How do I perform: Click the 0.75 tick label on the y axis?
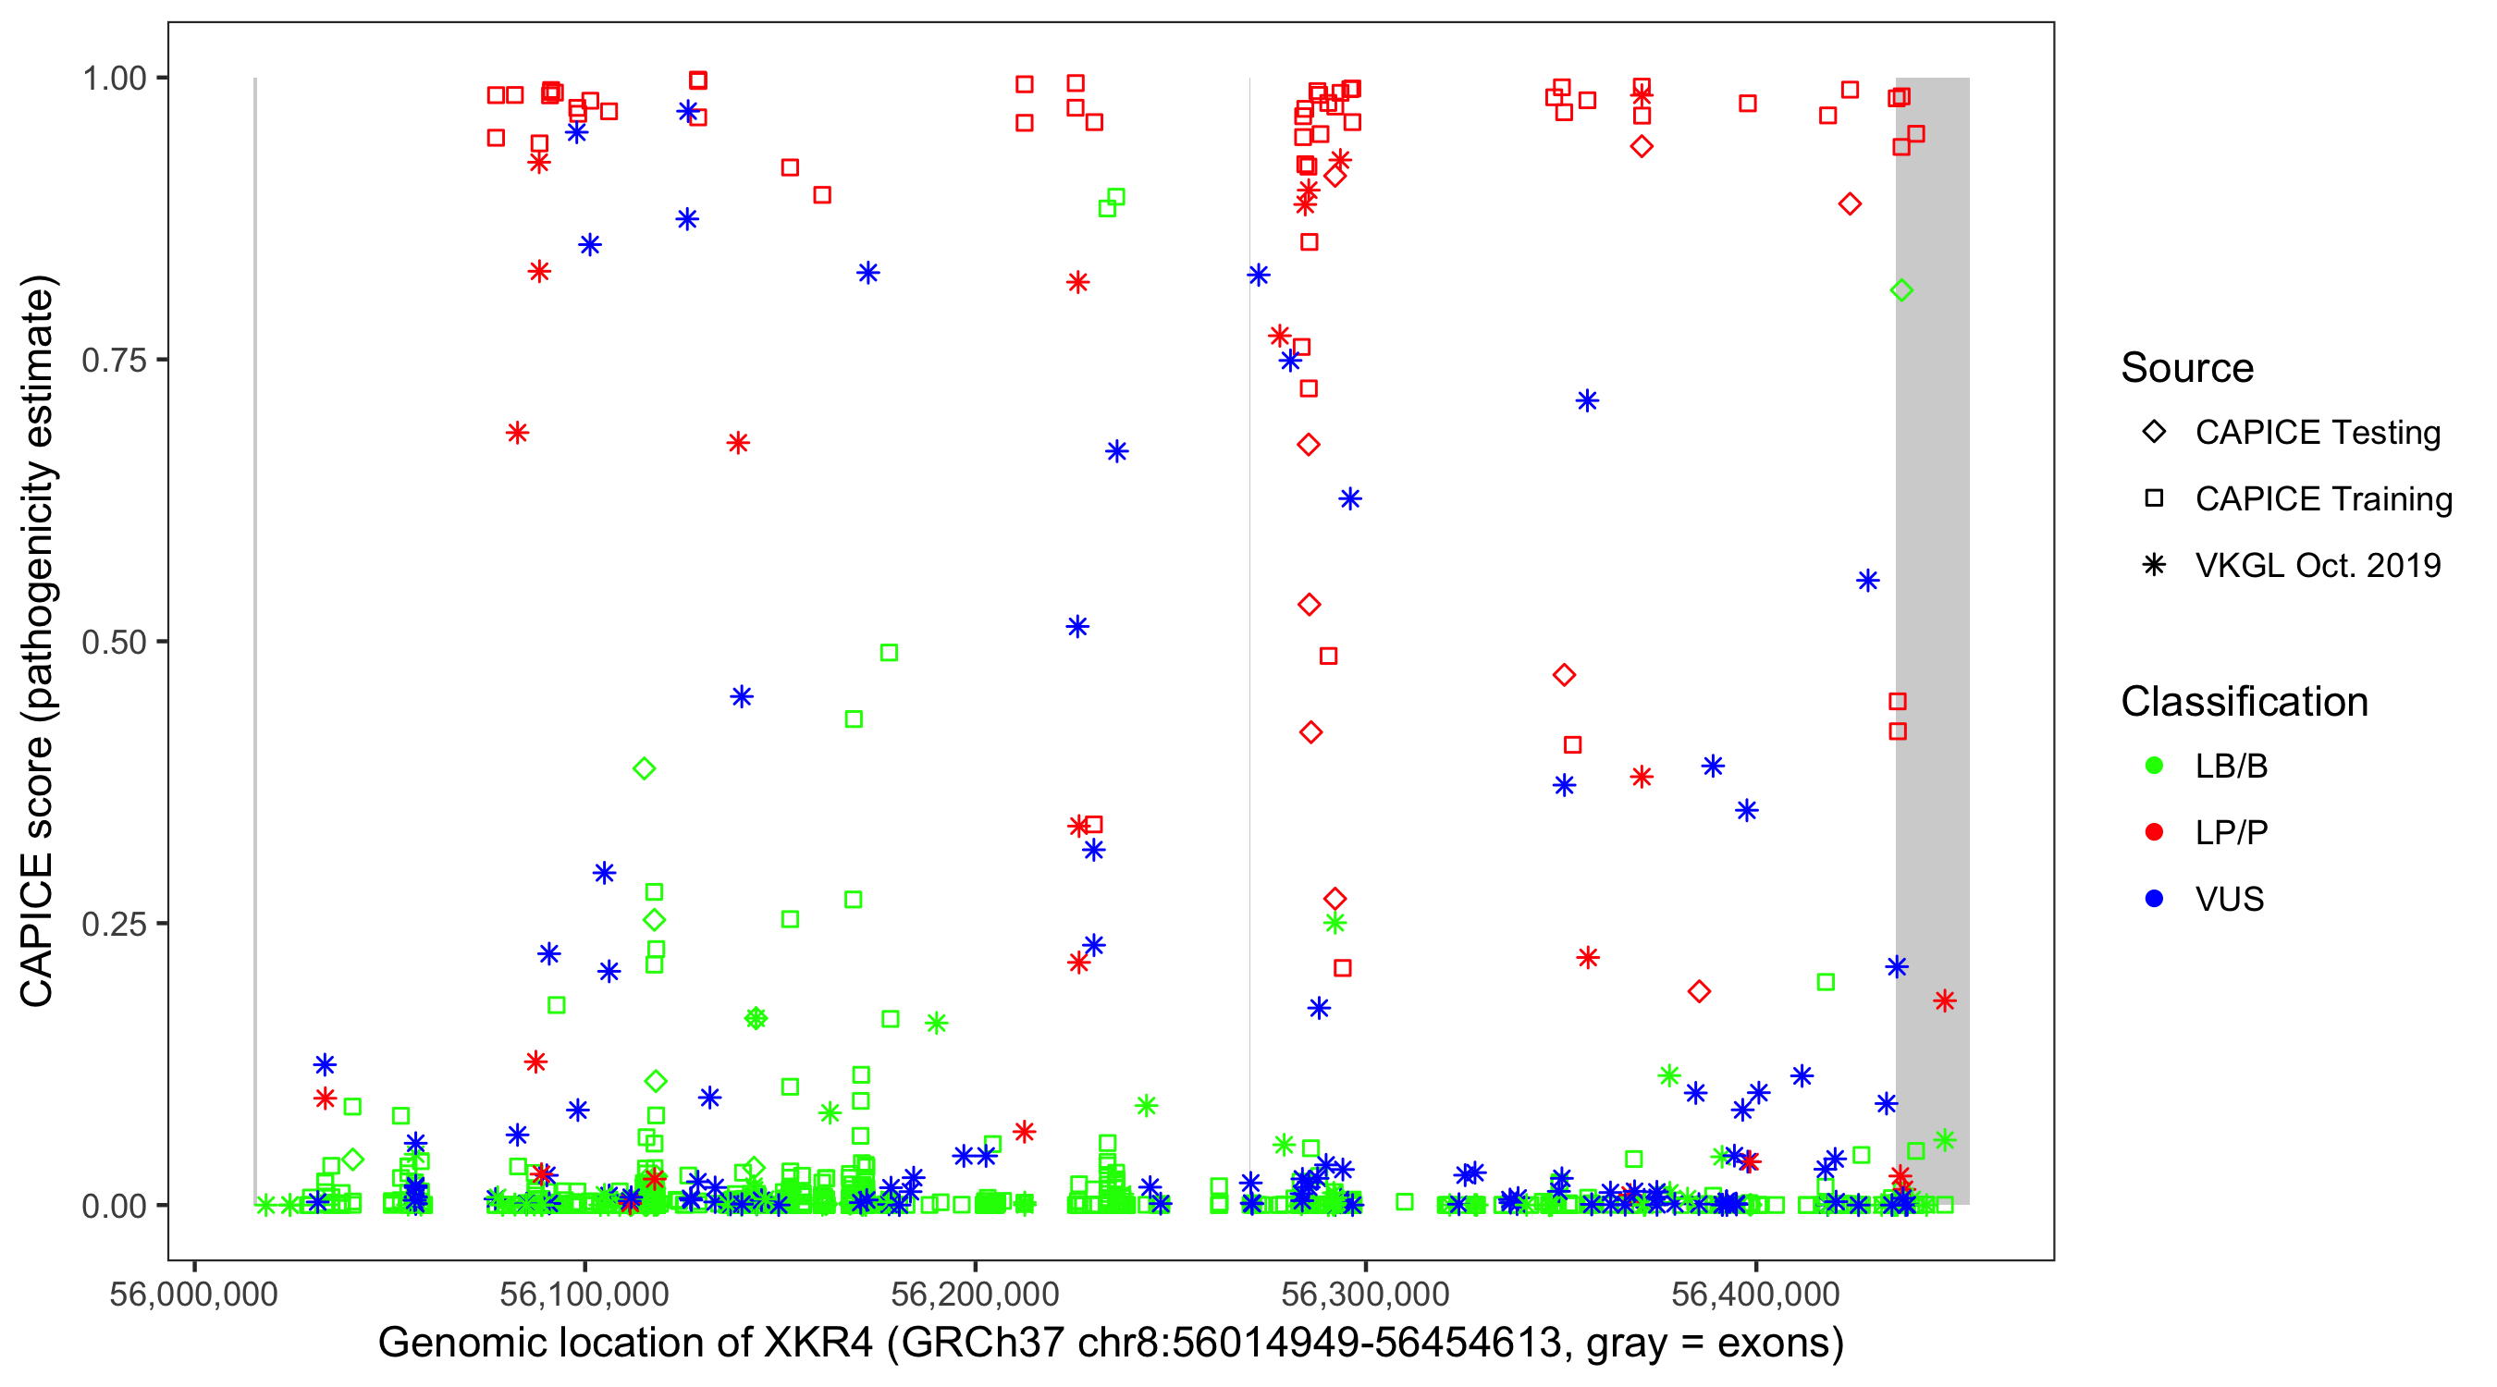click(113, 361)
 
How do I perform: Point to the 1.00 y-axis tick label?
click(113, 79)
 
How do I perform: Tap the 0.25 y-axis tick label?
click(113, 924)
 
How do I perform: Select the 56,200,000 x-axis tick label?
click(974, 1294)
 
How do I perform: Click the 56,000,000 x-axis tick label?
click(194, 1294)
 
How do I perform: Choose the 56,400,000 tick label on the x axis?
click(1755, 1294)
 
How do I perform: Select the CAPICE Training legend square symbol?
click(2154, 499)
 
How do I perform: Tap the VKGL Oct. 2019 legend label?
click(2318, 566)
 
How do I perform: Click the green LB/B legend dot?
click(2154, 766)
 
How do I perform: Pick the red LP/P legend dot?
click(2154, 832)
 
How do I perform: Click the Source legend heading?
click(2187, 368)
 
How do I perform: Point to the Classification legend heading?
click(2244, 702)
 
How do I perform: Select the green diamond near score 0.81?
click(1900, 290)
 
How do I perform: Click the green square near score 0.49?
click(889, 653)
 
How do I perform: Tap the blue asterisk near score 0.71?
click(1587, 401)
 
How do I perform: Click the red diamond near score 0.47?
click(1564, 676)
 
